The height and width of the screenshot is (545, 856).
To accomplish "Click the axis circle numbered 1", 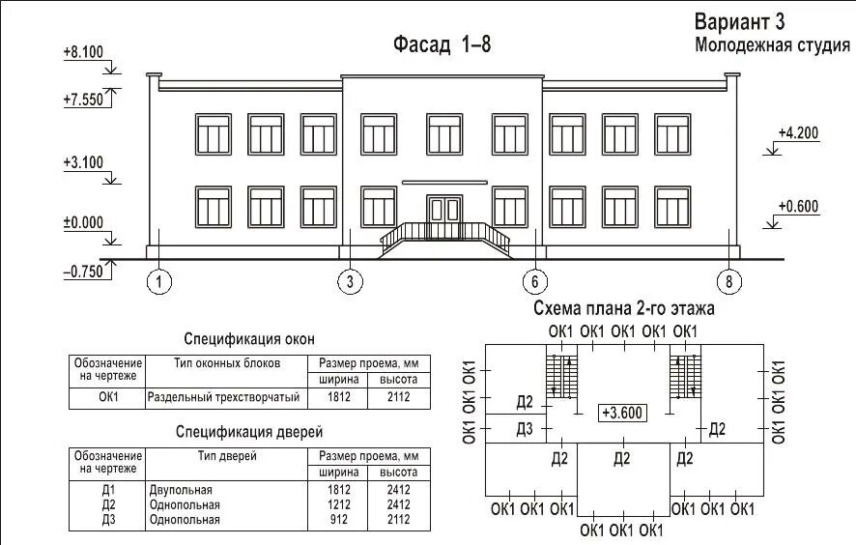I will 160,282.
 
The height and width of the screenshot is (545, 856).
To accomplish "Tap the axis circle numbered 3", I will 350,282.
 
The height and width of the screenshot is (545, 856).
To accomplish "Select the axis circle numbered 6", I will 534,282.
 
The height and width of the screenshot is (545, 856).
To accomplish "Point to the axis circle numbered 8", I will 729,282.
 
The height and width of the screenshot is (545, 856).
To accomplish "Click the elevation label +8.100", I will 82,52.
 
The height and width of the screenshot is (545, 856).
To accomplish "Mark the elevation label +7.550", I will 82,100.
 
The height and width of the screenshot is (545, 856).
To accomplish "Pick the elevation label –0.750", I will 83,272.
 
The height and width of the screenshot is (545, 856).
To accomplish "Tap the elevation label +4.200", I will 798,134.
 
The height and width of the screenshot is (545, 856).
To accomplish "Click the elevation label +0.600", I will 798,205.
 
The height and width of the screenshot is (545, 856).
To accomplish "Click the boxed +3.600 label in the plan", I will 623,411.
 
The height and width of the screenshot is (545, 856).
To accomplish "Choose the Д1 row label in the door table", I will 107,491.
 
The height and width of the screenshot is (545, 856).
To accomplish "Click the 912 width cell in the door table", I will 337,519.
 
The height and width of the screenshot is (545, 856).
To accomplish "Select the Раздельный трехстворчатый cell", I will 223,397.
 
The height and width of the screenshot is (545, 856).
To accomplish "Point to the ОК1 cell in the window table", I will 107,397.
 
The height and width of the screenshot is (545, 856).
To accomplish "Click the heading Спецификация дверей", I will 249,432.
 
